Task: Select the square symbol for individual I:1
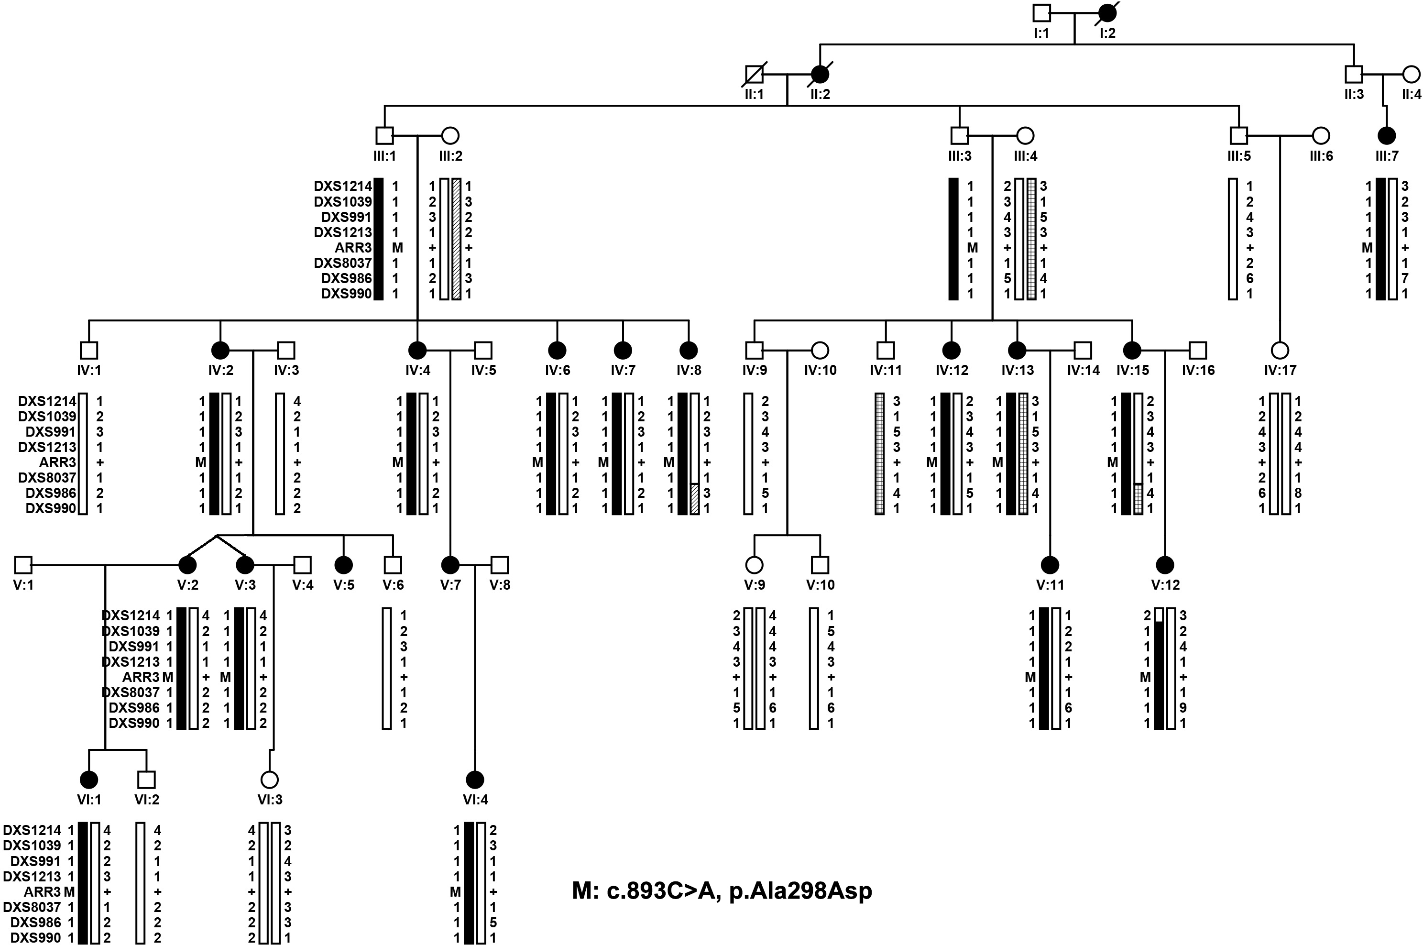click(1041, 12)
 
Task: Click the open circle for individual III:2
click(450, 136)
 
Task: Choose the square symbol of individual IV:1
click(88, 350)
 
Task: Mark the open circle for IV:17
click(1280, 350)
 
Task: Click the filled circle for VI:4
click(475, 780)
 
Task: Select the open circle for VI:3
click(269, 780)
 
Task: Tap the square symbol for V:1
click(23, 565)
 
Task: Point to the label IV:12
click(952, 370)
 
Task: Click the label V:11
click(1050, 584)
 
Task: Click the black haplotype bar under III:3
click(953, 239)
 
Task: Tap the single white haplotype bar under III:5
click(1233, 239)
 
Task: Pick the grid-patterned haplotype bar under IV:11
click(880, 454)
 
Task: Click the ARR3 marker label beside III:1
click(354, 248)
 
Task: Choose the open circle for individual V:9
click(754, 565)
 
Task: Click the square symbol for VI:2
click(146, 780)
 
